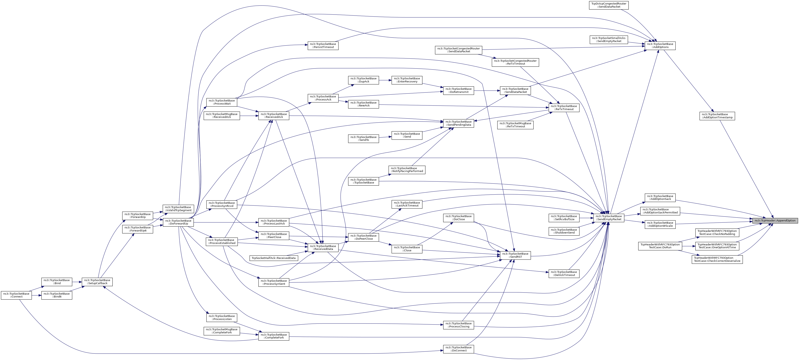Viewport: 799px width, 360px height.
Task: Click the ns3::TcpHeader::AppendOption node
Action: click(x=775, y=221)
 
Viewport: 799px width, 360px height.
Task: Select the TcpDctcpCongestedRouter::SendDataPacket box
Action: click(x=609, y=5)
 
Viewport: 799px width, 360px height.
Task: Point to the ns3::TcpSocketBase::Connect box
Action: click(x=16, y=295)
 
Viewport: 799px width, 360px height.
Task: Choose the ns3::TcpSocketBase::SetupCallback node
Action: click(x=97, y=282)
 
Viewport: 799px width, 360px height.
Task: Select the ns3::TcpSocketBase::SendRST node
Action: click(x=515, y=255)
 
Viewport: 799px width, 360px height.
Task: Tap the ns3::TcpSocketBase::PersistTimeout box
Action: click(x=323, y=46)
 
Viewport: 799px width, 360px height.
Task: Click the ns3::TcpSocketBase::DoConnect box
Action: click(x=459, y=349)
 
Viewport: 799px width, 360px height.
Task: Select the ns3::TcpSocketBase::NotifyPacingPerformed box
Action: click(x=407, y=170)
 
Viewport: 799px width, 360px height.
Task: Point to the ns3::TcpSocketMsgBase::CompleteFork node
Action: click(x=222, y=331)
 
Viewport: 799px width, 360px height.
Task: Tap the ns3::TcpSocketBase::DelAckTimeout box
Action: click(x=564, y=273)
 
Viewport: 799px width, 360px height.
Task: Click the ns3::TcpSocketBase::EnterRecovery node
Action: click(x=407, y=80)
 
